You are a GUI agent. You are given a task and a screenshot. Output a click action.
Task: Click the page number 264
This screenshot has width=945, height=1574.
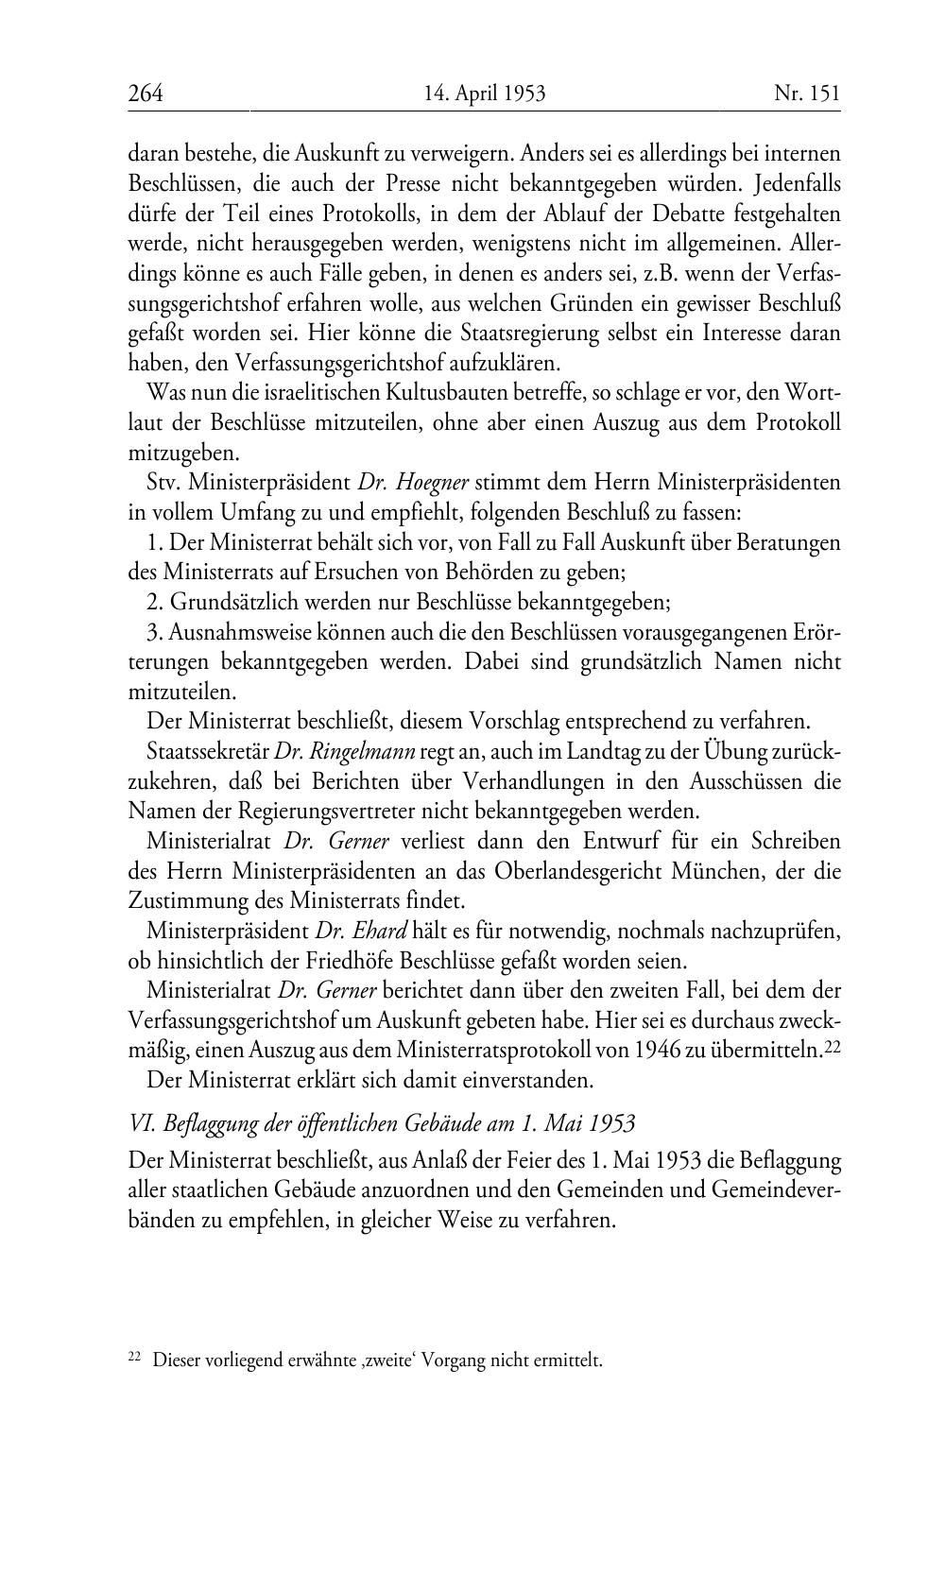pos(146,93)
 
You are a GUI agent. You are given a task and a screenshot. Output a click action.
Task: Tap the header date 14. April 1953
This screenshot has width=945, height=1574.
pos(485,93)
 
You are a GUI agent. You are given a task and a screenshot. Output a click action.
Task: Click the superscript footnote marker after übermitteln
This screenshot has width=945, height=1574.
pos(832,1047)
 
